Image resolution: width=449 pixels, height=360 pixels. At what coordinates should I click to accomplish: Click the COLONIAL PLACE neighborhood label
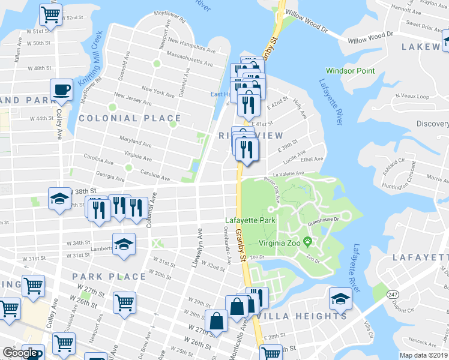pyautogui.click(x=129, y=119)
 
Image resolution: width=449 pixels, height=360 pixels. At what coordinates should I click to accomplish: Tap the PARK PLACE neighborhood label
pyautogui.click(x=109, y=277)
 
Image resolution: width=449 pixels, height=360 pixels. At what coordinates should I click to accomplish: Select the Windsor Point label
pyautogui.click(x=351, y=71)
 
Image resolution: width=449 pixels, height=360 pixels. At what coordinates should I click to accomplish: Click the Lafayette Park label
pyautogui.click(x=250, y=221)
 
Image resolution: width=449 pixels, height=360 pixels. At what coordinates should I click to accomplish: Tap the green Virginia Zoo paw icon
pyautogui.click(x=308, y=242)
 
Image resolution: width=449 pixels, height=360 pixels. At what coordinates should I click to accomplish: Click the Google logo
pyautogui.click(x=20, y=353)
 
